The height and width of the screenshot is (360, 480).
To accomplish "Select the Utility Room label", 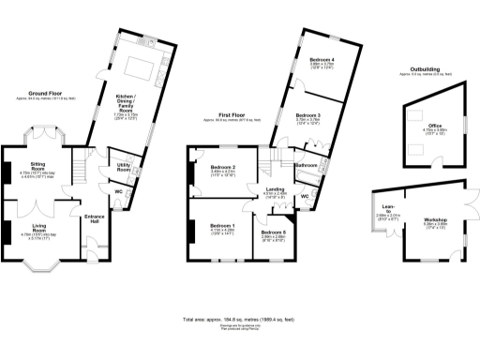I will point(123,167).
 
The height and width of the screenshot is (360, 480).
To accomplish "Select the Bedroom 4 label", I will point(322,59).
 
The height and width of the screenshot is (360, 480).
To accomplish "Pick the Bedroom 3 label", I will point(308,115).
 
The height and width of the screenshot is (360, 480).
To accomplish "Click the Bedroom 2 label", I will point(221,168).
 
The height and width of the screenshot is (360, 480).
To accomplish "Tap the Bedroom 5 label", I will point(273,232).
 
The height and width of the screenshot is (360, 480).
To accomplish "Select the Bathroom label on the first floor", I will point(305,165).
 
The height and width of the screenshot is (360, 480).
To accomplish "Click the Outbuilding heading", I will point(421,68).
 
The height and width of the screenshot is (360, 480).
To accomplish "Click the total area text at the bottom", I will point(238,320).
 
